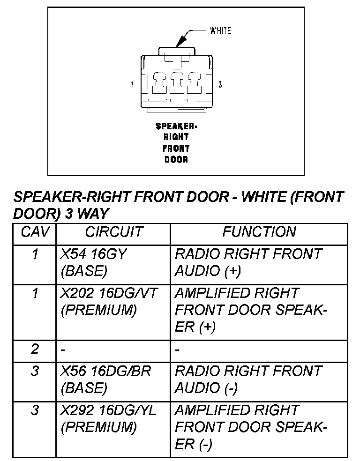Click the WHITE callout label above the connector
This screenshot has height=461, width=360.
(x=220, y=31)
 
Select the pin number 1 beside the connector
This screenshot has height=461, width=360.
(x=133, y=85)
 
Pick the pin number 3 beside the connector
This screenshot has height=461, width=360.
(x=220, y=85)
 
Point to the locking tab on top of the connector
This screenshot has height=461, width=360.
(x=177, y=51)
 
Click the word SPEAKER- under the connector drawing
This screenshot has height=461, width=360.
(x=176, y=126)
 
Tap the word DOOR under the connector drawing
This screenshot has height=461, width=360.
(x=176, y=160)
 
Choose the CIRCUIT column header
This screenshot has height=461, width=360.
(x=113, y=232)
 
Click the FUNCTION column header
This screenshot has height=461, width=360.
(x=259, y=232)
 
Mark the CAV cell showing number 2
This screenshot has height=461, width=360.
(x=35, y=349)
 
